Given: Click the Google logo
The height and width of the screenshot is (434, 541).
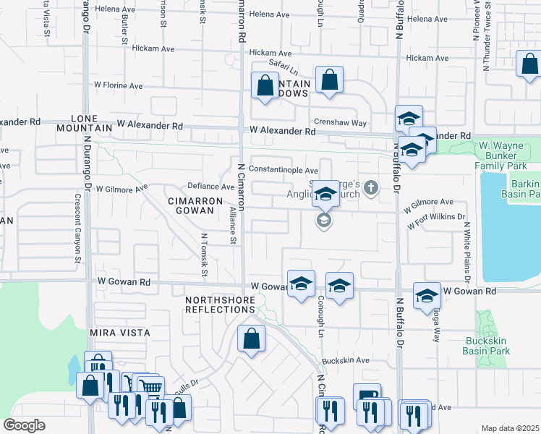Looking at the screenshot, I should (x=25, y=425).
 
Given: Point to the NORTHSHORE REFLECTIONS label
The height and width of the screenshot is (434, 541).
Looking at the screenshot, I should (x=220, y=304).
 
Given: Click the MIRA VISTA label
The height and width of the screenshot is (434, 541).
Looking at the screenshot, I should (x=119, y=333).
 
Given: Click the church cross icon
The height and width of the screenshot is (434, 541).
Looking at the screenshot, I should (x=370, y=189).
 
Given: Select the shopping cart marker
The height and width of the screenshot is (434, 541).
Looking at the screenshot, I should (x=150, y=386).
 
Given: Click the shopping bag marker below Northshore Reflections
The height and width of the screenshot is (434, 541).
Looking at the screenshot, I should (x=251, y=338).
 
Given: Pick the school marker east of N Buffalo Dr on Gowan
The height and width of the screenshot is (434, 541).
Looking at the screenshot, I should (x=427, y=294).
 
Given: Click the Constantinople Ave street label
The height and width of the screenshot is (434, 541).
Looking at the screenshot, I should (x=283, y=169).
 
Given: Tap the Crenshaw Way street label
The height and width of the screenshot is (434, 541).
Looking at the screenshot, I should (x=339, y=123).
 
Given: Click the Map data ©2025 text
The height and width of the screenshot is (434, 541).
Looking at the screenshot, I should (x=510, y=428).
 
